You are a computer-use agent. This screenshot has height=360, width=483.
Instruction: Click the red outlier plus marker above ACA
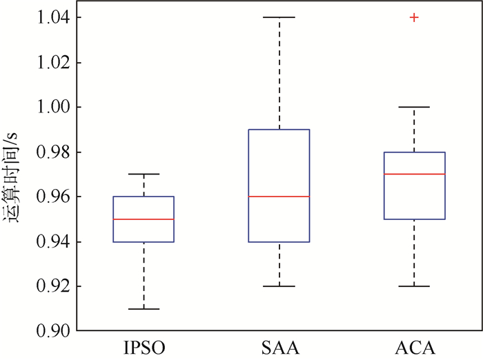pos(414,17)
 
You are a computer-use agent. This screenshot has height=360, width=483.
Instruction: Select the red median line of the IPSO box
pos(144,219)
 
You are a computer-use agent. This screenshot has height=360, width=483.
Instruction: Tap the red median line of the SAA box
pos(279,197)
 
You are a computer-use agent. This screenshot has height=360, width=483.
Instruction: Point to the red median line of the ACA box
pos(414,174)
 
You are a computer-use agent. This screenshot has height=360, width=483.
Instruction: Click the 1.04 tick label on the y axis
pos(54,17)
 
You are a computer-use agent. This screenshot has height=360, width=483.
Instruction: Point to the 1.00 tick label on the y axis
pos(54,107)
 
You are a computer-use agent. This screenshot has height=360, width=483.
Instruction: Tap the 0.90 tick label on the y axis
pos(54,331)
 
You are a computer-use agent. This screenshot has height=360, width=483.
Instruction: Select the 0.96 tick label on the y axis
pos(54,197)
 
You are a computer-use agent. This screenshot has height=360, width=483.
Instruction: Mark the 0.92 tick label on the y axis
pos(54,286)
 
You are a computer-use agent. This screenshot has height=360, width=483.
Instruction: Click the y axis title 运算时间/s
pos(14,174)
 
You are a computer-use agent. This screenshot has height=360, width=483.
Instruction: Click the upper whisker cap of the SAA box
pos(279,17)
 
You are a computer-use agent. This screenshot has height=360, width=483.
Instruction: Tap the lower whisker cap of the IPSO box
pos(144,309)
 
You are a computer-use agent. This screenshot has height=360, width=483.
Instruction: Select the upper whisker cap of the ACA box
pos(414,107)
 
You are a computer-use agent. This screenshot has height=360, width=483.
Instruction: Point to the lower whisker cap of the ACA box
pos(414,286)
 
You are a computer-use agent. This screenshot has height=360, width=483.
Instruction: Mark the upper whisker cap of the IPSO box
pos(144,174)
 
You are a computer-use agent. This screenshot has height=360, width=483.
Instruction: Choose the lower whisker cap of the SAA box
pos(279,286)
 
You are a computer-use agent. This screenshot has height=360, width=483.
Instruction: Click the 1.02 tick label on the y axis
pos(54,62)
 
